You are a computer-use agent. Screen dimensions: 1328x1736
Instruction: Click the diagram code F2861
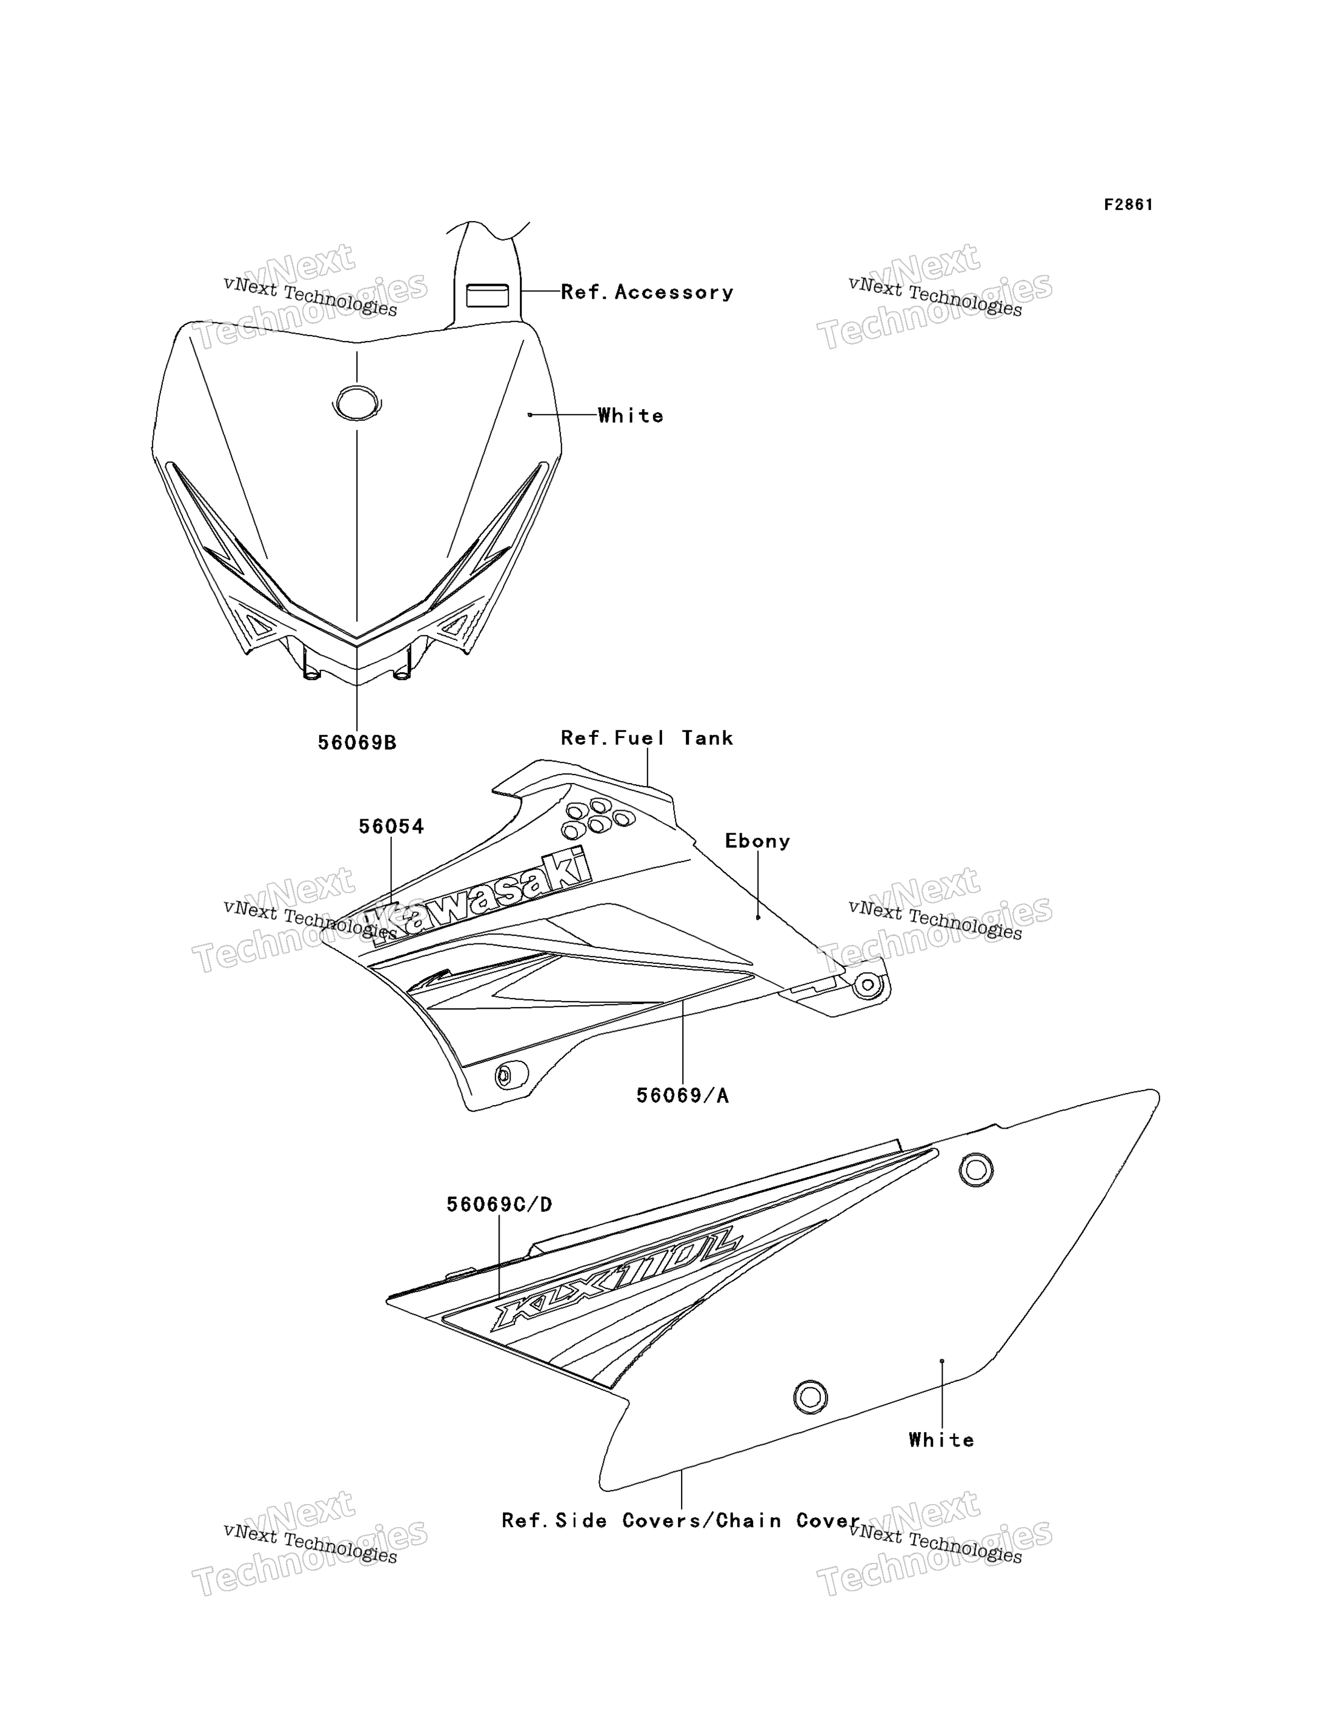coord(1128,205)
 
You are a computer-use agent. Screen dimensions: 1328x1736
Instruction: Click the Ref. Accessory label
coord(648,292)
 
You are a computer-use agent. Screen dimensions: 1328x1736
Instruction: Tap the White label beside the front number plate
coord(631,415)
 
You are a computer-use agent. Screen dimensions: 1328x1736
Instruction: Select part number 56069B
coord(357,743)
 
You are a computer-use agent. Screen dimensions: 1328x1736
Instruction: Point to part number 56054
coord(391,827)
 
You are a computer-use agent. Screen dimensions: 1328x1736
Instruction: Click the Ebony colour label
coord(758,840)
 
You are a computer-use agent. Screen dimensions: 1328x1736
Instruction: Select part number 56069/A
coord(683,1095)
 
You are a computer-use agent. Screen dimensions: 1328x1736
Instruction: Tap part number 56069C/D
coord(500,1204)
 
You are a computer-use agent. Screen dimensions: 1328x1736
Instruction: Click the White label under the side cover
coord(941,1440)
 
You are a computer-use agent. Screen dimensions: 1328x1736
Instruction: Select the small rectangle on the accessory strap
coord(487,295)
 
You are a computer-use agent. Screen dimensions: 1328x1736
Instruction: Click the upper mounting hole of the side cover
coord(976,1169)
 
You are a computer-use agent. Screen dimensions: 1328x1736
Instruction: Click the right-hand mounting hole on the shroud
coord(868,985)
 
